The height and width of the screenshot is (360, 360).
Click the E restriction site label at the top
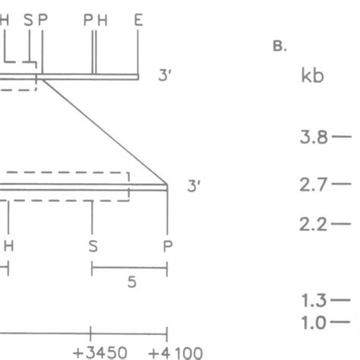click(x=137, y=21)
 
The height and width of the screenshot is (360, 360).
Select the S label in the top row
click(x=29, y=21)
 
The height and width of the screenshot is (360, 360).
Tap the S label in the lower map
click(x=92, y=245)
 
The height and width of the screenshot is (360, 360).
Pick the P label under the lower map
click(x=166, y=245)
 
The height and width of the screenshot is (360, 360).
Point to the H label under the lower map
click(x=8, y=245)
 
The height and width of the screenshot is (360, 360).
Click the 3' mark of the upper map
click(x=165, y=77)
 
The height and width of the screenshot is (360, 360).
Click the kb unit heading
click(x=312, y=77)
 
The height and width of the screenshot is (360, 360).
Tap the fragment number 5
click(x=131, y=282)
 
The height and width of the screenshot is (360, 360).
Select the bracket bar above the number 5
click(x=129, y=267)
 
